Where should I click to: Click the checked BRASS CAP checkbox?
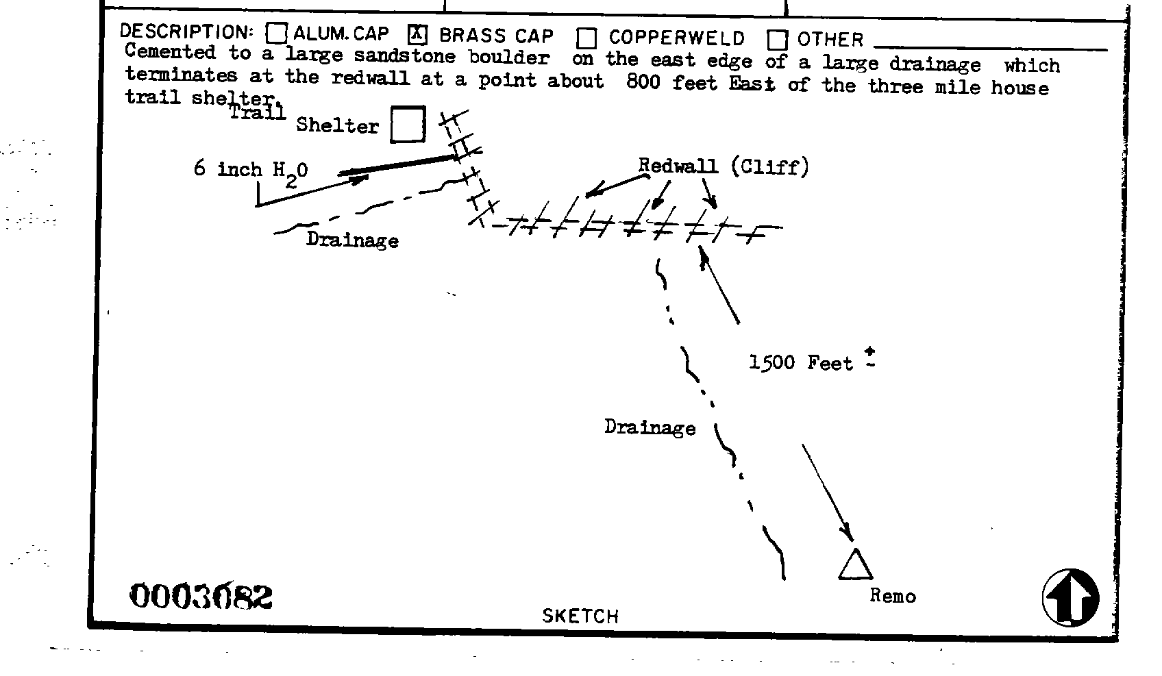point(417,34)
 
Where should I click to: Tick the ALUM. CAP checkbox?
point(276,33)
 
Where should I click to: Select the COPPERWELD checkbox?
point(586,38)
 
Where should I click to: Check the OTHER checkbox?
point(777,40)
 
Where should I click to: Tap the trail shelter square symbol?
point(408,125)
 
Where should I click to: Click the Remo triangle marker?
point(855,565)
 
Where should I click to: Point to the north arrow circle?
point(1070,597)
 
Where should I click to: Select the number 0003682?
point(201,596)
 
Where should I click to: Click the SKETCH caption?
point(580,616)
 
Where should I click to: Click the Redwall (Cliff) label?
point(723,166)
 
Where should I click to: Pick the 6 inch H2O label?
point(251,170)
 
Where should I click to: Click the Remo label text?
point(892,596)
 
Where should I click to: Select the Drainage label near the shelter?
point(352,240)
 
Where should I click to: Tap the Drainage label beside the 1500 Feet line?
point(650,427)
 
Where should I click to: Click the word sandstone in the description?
point(404,55)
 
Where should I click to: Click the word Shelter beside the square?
point(337,125)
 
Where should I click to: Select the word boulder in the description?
point(509,57)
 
